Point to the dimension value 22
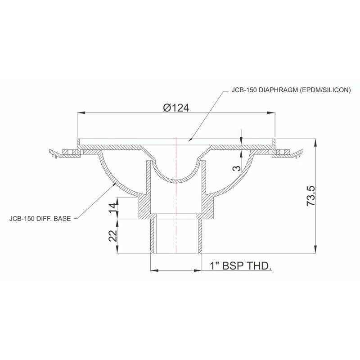click(113, 236)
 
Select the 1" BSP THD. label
click(241, 266)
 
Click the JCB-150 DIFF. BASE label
click(40, 220)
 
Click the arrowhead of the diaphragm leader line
click(190, 141)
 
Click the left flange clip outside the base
click(63, 153)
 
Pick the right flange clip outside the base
click(288, 153)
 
